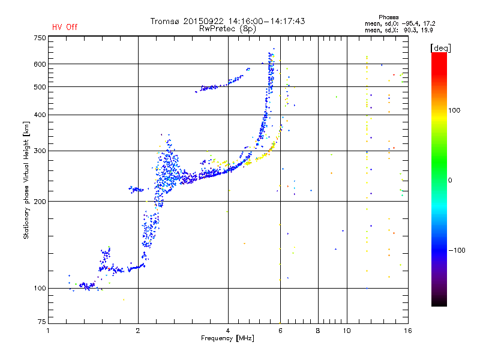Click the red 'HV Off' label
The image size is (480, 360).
click(x=65, y=27)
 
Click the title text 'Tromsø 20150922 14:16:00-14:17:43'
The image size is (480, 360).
click(x=227, y=21)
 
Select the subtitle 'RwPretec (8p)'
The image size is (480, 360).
click(x=227, y=29)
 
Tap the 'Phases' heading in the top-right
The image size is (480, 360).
click(x=388, y=17)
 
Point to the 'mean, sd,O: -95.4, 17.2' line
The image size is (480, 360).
click(x=400, y=23)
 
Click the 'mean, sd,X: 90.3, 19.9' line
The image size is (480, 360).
click(x=398, y=30)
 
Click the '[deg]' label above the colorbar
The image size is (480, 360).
click(x=440, y=48)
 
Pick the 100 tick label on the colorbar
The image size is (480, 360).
click(x=454, y=110)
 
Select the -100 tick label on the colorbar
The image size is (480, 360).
click(x=457, y=250)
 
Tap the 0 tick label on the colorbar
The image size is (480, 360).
click(x=450, y=181)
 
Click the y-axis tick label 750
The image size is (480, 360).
click(x=40, y=38)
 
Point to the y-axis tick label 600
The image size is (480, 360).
click(x=40, y=64)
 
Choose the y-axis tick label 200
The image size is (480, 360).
click(x=40, y=202)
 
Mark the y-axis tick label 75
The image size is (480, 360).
click(x=42, y=322)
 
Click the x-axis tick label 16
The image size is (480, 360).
click(x=408, y=331)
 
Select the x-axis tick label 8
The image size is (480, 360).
click(x=318, y=331)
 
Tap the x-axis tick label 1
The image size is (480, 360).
click(x=48, y=331)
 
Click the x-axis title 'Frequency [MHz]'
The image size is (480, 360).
click(x=227, y=338)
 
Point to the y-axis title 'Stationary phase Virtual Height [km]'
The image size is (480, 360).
click(x=26, y=180)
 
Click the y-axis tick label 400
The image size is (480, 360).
click(x=40, y=115)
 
